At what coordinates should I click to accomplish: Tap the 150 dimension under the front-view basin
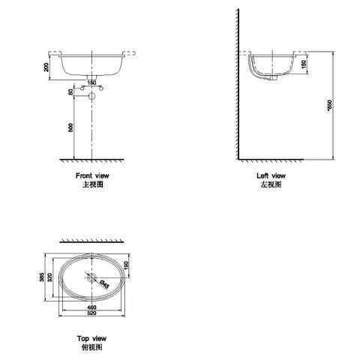click(92, 82)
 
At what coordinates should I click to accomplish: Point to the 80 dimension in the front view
click(70, 93)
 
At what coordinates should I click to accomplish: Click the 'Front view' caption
click(92, 175)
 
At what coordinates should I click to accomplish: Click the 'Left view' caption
click(271, 175)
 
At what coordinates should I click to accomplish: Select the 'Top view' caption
click(92, 340)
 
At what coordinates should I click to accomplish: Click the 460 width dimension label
click(92, 308)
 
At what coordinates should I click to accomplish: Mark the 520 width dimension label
click(92, 316)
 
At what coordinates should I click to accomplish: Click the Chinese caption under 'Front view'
click(92, 184)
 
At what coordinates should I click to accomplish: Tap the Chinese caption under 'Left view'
click(271, 184)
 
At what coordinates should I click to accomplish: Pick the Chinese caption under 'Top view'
click(92, 348)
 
